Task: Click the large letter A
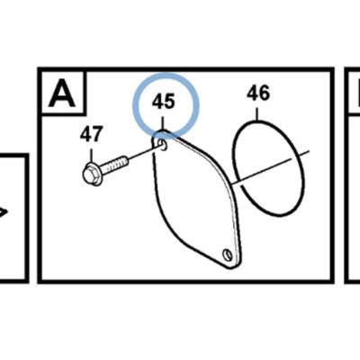(61, 94)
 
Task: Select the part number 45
(163, 101)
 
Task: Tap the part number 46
(258, 93)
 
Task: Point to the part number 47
(92, 134)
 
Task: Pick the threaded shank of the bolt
(114, 166)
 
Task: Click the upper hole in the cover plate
(164, 145)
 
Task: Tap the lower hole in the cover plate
(227, 255)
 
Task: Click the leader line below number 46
(257, 114)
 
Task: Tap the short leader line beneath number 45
(163, 123)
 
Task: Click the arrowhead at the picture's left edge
(3, 212)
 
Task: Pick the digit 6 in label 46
(265, 93)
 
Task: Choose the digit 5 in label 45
(169, 102)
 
